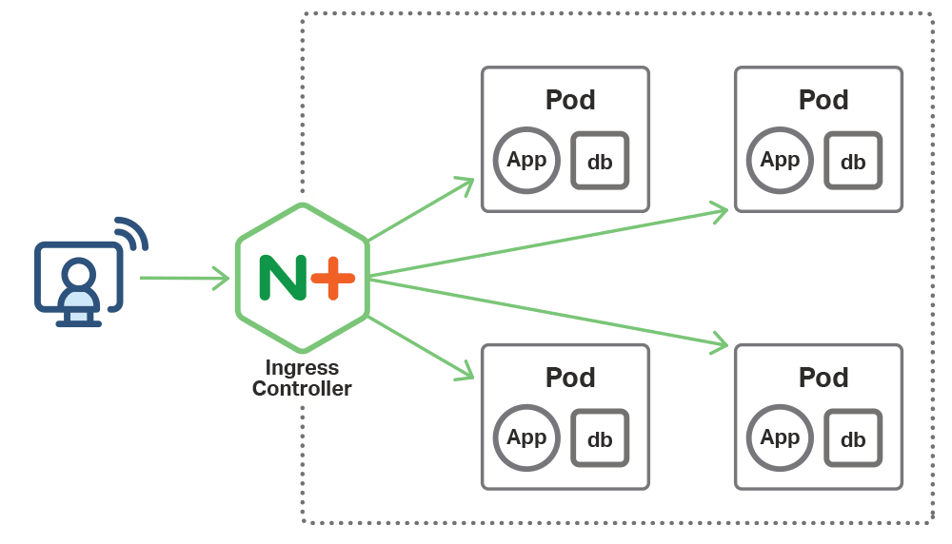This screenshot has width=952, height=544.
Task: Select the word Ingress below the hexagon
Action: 302,368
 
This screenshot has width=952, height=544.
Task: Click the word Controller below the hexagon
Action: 302,389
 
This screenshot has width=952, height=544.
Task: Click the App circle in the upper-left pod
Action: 526,161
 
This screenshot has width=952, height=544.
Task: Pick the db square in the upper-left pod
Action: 600,161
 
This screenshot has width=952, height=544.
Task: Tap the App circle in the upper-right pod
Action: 780,161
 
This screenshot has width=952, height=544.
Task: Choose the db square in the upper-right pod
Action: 853,161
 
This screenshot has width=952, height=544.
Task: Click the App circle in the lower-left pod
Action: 526,438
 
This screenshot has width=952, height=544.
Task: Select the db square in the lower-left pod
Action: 600,438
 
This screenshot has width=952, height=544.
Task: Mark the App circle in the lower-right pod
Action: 780,438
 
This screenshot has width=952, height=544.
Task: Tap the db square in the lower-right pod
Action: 853,438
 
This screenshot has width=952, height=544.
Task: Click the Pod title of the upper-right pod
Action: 823,100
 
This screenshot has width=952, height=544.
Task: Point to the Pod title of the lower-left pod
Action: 570,378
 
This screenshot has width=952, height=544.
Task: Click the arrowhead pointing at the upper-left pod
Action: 466,184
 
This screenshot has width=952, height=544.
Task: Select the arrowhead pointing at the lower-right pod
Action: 720,344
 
